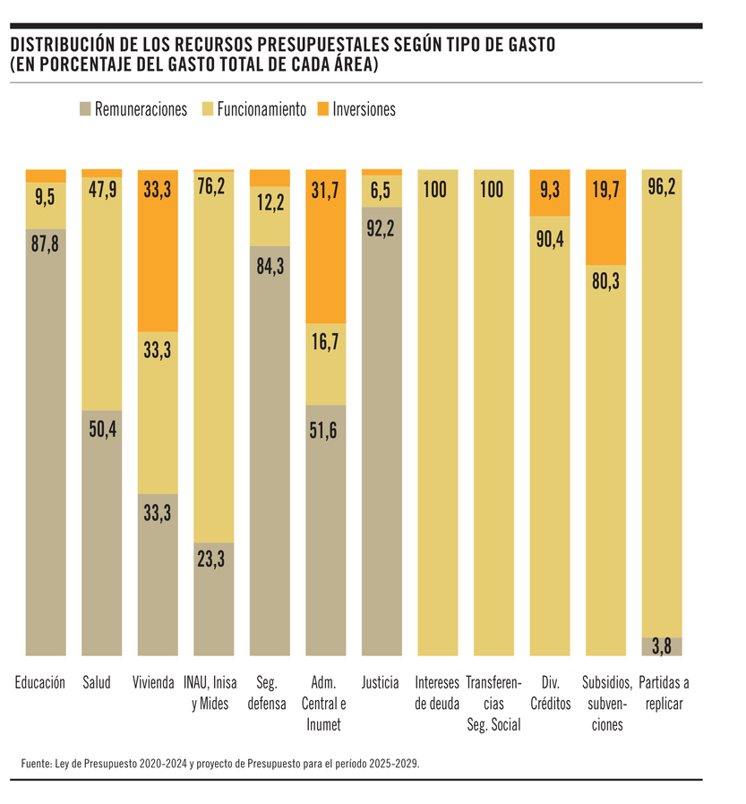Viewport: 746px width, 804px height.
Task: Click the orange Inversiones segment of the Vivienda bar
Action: [158, 251]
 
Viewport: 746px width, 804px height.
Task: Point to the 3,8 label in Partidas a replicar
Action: [662, 646]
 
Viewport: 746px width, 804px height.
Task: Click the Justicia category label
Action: [382, 683]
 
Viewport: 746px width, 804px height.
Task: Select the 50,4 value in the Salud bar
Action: [101, 427]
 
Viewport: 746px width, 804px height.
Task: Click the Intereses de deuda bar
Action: [437, 412]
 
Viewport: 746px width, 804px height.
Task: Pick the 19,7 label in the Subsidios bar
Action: [605, 190]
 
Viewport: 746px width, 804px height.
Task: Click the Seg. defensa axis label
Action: [270, 693]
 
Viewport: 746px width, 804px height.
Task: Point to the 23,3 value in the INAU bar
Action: [213, 560]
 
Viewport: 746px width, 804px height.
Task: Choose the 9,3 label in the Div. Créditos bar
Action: [550, 190]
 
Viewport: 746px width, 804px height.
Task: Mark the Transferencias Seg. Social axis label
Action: [493, 704]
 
